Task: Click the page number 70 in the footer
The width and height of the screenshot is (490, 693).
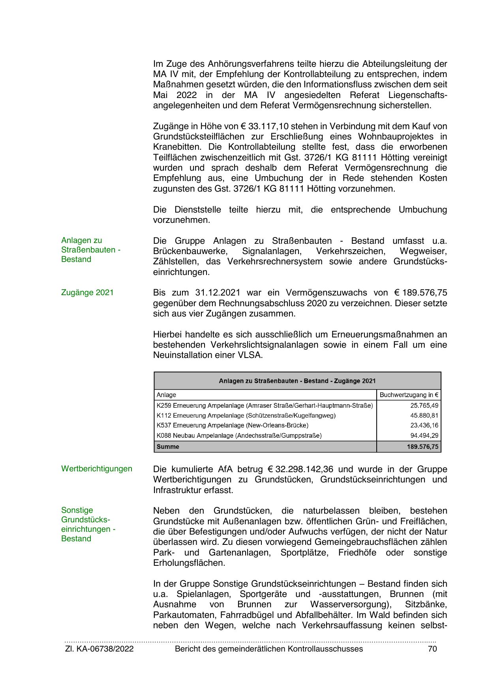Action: tap(432, 649)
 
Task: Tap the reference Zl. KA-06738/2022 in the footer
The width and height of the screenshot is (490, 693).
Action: tap(99, 649)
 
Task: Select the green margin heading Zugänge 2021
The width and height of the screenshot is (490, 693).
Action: tap(87, 293)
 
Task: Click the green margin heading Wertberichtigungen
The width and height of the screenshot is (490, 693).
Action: tap(97, 469)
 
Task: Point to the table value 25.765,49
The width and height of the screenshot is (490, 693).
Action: tap(424, 405)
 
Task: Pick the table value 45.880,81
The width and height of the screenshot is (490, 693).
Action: tap(424, 416)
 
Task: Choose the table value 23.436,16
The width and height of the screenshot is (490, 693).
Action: tap(424, 426)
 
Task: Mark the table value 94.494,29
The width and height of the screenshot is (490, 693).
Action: tap(424, 436)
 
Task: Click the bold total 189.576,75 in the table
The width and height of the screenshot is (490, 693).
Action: tap(422, 447)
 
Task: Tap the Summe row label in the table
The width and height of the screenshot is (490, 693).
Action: tap(168, 447)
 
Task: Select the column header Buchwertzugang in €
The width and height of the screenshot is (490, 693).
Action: tap(409, 395)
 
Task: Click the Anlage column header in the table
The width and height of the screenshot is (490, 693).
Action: tap(166, 395)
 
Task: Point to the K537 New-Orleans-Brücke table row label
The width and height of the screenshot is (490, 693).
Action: tap(232, 426)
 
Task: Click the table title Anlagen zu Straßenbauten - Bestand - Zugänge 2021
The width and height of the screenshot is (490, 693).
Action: tap(297, 381)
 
